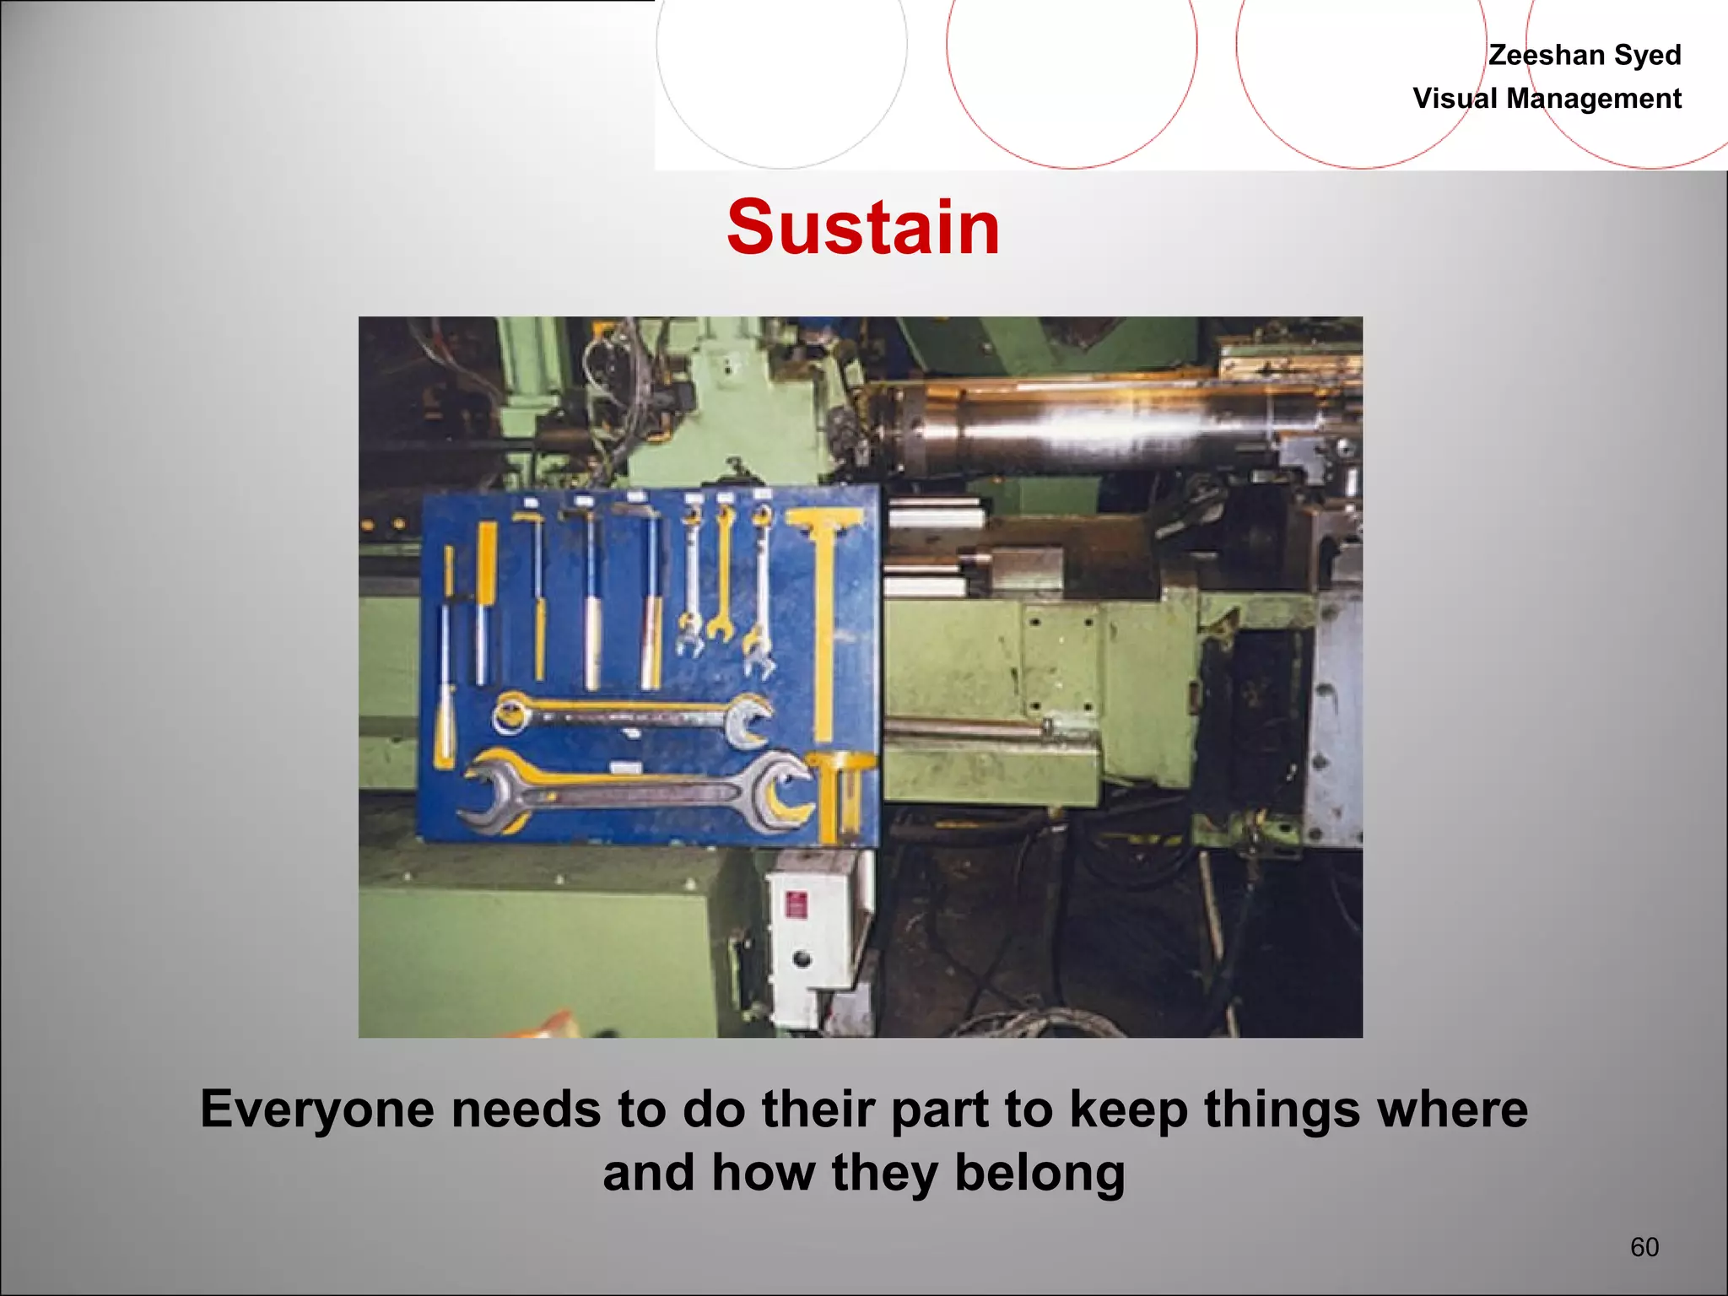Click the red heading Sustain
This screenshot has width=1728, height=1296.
863,228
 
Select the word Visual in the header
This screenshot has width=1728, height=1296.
1456,99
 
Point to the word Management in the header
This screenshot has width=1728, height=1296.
1594,99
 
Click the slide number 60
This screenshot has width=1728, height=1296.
1644,1247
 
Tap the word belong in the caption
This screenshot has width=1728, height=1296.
1039,1173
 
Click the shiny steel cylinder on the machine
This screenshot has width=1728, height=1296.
1097,426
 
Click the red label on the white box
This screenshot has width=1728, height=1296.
796,906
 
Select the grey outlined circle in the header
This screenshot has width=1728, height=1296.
781,51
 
